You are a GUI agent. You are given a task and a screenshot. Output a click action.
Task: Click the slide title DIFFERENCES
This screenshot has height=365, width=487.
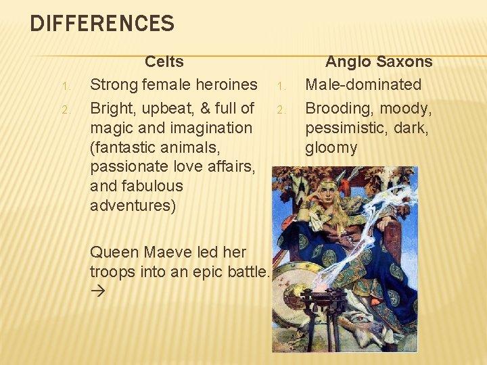coord(102,24)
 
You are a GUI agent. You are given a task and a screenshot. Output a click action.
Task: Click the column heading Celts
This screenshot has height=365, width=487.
coord(164,62)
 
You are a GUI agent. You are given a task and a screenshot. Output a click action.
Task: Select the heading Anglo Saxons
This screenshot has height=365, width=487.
coord(379,62)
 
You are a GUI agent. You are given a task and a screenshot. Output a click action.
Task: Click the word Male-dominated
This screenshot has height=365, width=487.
coord(363,84)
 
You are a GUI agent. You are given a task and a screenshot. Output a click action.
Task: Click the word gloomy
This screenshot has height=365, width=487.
coord(331,147)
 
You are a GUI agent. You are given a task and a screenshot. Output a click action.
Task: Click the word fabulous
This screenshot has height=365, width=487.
coord(152,186)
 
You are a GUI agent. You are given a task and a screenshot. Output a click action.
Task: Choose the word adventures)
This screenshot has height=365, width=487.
coord(133,205)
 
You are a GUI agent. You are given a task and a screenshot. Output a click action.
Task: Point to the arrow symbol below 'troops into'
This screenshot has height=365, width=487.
coord(97,292)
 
